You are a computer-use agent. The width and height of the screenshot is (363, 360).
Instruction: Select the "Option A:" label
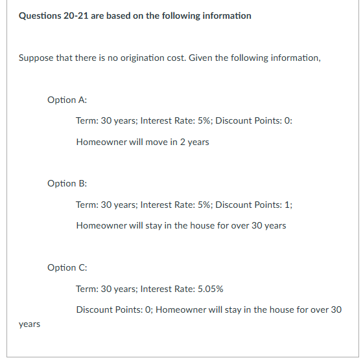[67, 100]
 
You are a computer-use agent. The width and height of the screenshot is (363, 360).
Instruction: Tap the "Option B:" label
[67, 183]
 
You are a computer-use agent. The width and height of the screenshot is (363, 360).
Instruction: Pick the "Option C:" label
[67, 267]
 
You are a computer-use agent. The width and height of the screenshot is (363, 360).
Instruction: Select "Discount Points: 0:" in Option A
[254, 120]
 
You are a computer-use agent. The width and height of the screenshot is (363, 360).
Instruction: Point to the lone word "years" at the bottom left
[29, 324]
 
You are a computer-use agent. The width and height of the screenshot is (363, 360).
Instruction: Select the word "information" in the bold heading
[224, 16]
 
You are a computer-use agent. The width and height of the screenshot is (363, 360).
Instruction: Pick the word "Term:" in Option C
[87, 289]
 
